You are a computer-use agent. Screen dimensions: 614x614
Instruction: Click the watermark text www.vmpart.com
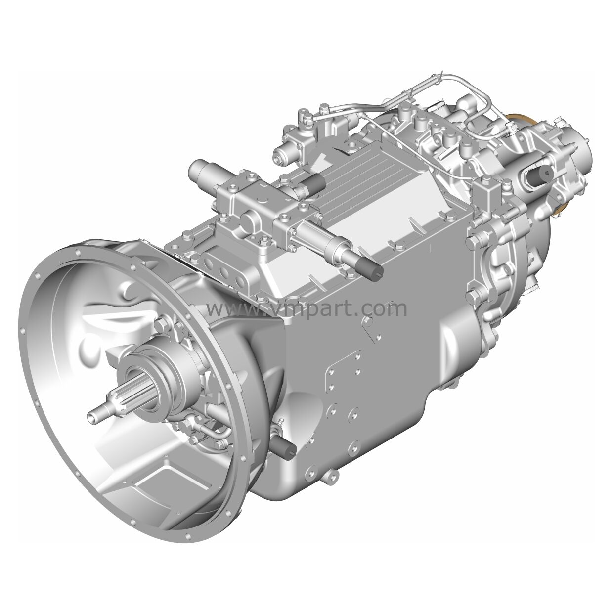pos(307,308)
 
